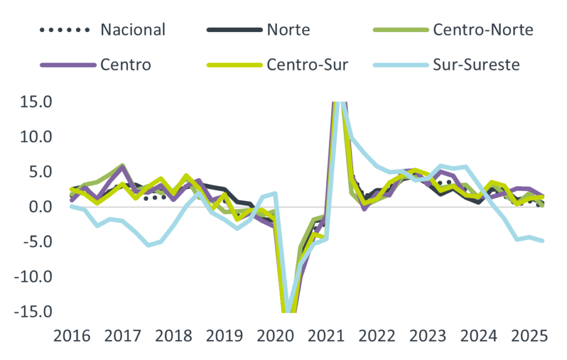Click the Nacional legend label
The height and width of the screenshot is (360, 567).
[x=133, y=29]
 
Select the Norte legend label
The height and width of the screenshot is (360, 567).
[x=288, y=29]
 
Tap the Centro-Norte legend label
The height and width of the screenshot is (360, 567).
[x=483, y=29]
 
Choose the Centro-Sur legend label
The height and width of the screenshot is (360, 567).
[x=308, y=65]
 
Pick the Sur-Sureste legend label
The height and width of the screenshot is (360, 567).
[x=476, y=65]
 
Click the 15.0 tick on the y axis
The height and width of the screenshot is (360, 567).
[x=36, y=102]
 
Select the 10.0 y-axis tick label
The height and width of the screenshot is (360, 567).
[x=36, y=137]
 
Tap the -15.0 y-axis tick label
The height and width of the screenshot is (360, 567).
[x=34, y=312]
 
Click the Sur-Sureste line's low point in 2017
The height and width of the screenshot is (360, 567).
[x=148, y=246]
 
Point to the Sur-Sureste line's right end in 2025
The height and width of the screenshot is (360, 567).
[x=543, y=241]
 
